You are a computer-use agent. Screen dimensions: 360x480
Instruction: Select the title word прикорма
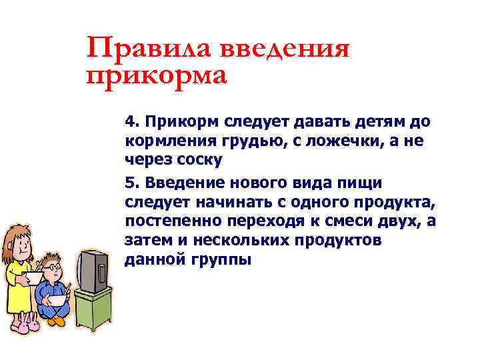[x=157, y=74]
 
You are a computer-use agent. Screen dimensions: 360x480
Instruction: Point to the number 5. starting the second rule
[x=131, y=183]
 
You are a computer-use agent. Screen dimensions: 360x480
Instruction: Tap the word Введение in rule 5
[x=183, y=183]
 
